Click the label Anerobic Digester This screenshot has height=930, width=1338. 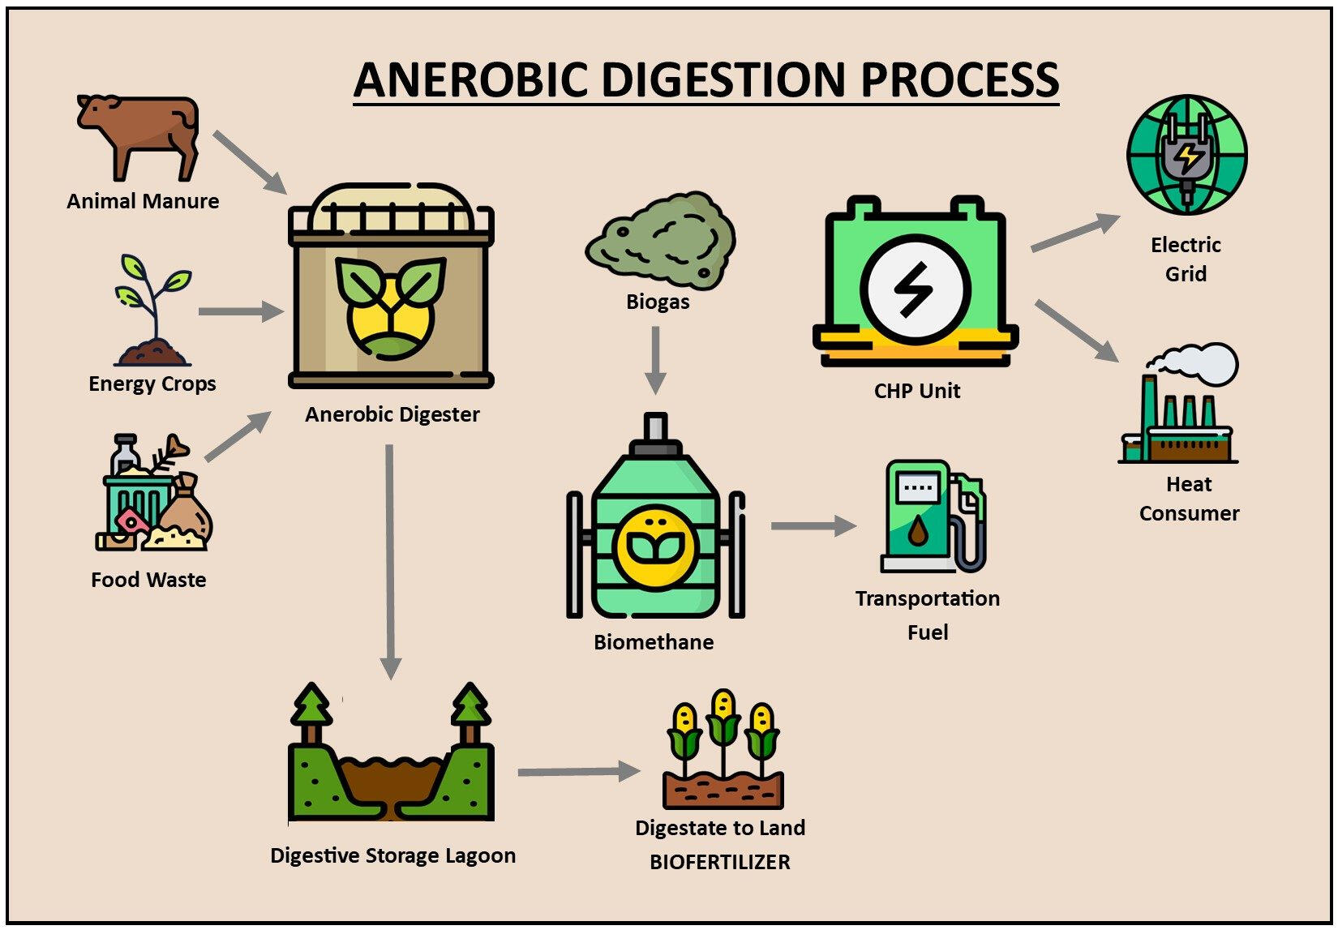[392, 414]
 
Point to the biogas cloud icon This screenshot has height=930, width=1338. [661, 241]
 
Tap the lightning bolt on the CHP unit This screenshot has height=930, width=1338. [914, 289]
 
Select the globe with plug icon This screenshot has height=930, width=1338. [1186, 155]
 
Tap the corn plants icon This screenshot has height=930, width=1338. [723, 749]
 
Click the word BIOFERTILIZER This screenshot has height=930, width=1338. [719, 862]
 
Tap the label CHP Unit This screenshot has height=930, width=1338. [916, 391]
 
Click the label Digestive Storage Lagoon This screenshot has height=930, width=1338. [392, 855]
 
